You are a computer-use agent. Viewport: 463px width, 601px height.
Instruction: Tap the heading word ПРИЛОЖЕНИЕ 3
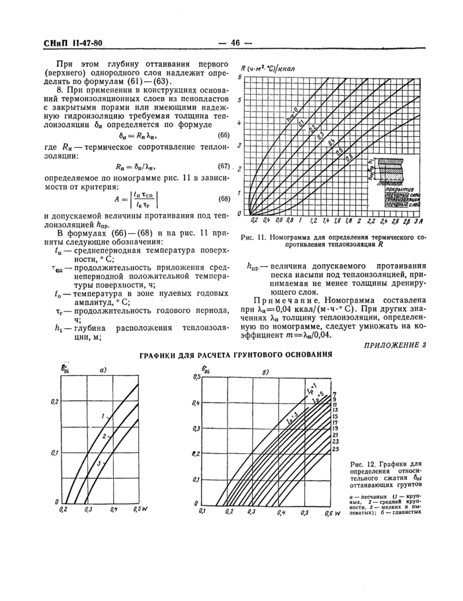point(395,343)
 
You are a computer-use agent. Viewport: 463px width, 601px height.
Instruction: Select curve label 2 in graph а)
point(105,437)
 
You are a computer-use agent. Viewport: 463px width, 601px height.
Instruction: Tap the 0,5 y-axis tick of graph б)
point(196,376)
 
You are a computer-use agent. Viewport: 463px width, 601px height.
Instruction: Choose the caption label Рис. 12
point(362,464)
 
